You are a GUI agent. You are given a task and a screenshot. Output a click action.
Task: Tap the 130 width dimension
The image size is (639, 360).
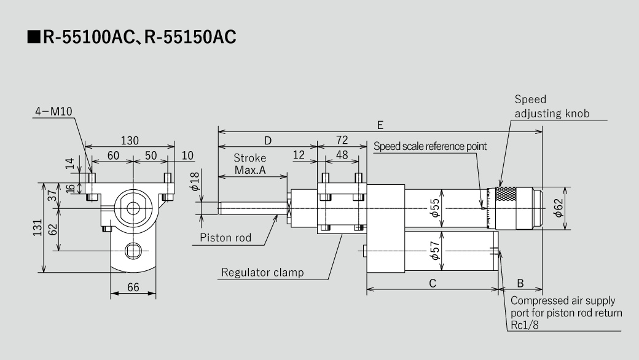pos(129,141)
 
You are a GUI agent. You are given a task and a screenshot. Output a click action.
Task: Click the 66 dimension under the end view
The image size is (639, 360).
pos(133,288)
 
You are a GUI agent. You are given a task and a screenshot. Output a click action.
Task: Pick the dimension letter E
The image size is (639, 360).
pos(380,125)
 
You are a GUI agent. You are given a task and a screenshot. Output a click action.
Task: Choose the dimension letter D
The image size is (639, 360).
pos(267,140)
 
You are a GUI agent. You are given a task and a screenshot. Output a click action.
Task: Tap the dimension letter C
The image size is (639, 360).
pos(432,283)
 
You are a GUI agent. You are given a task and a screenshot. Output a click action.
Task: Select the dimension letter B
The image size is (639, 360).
pos(520,283)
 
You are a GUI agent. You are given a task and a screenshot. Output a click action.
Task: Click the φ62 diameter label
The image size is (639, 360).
pos(558,209)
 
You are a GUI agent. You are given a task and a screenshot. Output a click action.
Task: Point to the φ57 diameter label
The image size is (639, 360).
pos(436,251)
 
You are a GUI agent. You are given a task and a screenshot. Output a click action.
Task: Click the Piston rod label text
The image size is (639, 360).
pos(225,238)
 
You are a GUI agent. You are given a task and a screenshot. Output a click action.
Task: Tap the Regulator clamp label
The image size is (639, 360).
pos(262,272)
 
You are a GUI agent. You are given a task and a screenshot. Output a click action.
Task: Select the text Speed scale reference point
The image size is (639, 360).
pos(430,146)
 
